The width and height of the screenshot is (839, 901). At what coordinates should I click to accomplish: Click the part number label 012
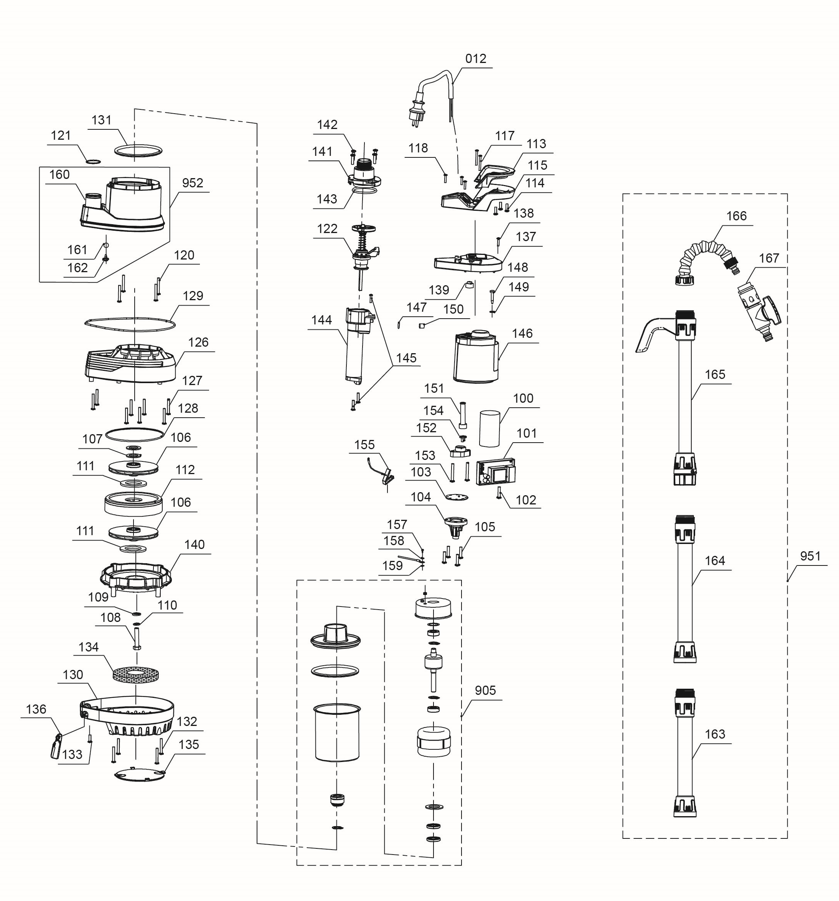point(475,59)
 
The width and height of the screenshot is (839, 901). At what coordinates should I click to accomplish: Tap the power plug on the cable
point(417,112)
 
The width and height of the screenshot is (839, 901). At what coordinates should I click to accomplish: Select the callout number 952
point(192,183)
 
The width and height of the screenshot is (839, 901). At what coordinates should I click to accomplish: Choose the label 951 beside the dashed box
point(810,556)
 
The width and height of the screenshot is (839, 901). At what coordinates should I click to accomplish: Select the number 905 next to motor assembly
point(485,690)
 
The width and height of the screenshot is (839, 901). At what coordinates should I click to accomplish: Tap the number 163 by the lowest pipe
point(714,734)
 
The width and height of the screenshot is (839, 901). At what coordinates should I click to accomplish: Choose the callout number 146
point(522,334)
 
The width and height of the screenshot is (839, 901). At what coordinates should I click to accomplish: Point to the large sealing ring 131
point(138,151)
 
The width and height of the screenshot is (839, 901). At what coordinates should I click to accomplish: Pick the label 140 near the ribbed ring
point(195,545)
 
